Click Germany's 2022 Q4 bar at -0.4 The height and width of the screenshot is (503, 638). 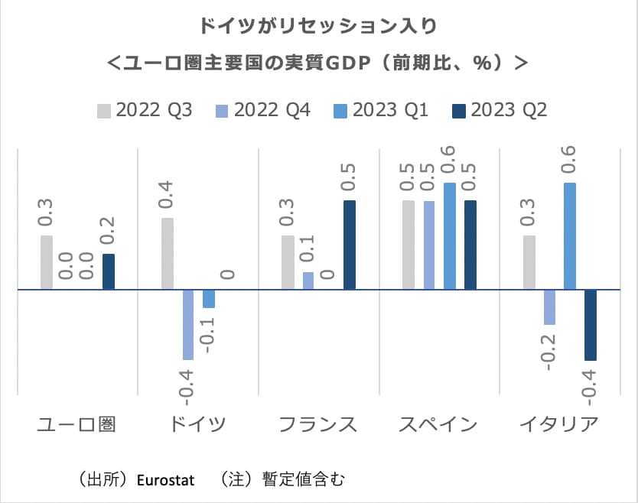(188, 324)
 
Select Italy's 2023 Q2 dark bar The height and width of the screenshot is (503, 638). (590, 324)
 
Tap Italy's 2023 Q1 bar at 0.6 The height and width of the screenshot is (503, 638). (570, 236)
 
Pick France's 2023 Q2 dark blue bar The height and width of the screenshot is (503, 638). (349, 245)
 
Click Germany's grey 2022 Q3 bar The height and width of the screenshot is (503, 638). (168, 254)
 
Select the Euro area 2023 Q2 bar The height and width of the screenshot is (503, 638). (108, 271)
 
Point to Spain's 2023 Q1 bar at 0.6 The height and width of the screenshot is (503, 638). (450, 236)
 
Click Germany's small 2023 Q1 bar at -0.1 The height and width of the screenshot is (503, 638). (209, 299)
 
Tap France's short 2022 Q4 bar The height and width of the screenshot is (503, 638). (308, 281)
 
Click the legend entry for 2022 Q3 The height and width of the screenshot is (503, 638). (145, 110)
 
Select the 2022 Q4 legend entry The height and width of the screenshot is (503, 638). (263, 110)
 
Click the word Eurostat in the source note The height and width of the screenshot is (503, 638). (165, 480)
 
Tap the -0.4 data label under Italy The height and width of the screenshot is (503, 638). (590, 385)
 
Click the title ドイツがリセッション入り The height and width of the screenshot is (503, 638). (318, 26)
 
